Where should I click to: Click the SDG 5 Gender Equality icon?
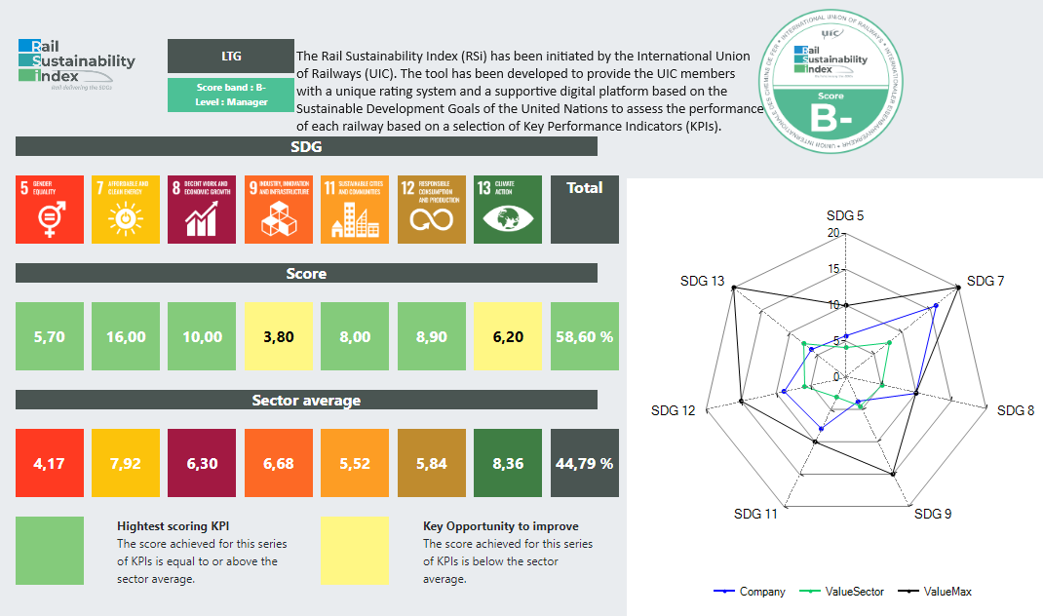point(50,210)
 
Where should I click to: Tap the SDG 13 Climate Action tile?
point(508,210)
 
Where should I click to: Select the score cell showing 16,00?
point(126,336)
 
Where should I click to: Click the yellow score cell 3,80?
point(279,336)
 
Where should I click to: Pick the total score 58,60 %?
point(585,336)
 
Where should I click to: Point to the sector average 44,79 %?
point(585,463)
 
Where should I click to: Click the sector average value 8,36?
point(508,463)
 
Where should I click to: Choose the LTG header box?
point(231,56)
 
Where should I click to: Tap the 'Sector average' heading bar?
point(306,401)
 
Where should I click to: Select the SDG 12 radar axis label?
point(674,411)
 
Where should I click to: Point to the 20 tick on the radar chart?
point(833,233)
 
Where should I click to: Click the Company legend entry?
point(751,592)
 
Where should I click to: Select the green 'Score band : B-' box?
point(231,95)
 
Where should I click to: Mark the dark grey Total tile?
point(585,210)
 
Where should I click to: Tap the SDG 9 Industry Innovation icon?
point(279,210)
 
